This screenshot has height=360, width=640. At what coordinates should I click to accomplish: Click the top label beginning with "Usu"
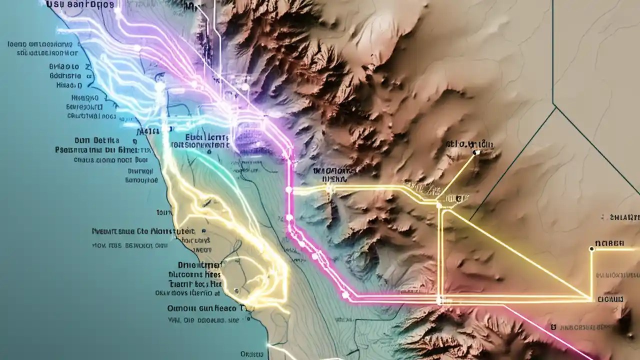(80, 4)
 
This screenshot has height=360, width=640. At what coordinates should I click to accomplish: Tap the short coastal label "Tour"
(164, 212)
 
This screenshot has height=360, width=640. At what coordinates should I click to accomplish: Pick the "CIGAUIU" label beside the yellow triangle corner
(610, 299)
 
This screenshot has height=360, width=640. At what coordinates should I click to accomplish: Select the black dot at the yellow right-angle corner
(591, 248)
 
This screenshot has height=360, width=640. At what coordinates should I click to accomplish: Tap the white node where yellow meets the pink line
(288, 190)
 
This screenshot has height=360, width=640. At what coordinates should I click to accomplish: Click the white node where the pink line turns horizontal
(345, 295)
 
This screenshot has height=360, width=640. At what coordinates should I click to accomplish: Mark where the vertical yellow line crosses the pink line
(439, 300)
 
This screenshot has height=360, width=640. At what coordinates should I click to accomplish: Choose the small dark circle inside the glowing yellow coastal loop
(236, 290)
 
